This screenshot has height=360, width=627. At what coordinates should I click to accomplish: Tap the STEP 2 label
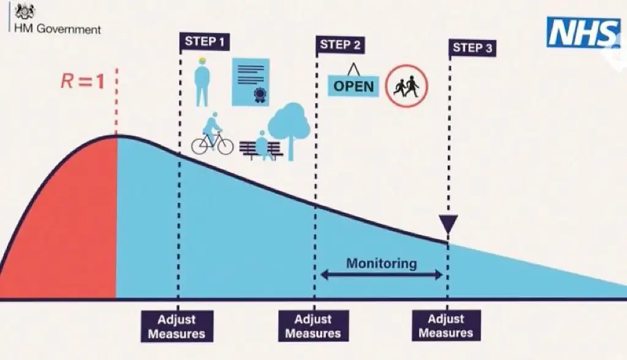(x=340, y=45)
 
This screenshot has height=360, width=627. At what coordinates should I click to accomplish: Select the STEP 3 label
(x=473, y=48)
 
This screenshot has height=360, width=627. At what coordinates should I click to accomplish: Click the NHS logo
(x=582, y=32)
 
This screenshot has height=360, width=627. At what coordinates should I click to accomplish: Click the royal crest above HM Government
(x=25, y=12)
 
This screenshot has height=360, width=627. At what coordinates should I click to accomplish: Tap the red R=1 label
(x=83, y=81)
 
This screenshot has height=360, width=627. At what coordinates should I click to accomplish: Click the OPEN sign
(x=354, y=85)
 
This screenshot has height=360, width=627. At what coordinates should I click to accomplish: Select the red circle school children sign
(x=407, y=86)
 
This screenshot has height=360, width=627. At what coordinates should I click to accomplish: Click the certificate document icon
(x=250, y=81)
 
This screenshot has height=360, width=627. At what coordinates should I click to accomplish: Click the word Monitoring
(x=381, y=264)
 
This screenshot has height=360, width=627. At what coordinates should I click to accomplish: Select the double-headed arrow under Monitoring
(x=381, y=276)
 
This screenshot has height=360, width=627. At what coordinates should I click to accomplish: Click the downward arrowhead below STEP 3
(x=448, y=223)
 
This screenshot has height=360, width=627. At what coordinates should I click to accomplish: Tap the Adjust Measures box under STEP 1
(x=177, y=326)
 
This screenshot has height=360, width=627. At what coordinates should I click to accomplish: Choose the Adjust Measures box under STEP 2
(x=313, y=326)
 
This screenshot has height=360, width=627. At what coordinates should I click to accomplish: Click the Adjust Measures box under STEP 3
(x=446, y=326)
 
